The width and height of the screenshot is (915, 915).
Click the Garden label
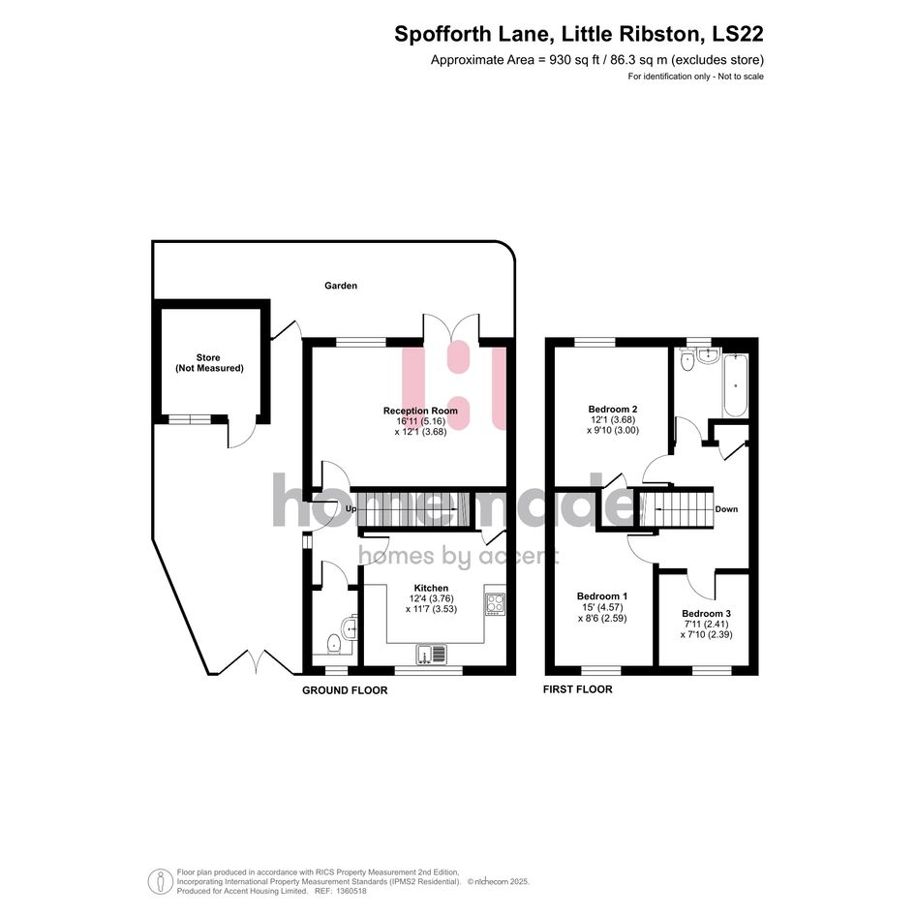341,286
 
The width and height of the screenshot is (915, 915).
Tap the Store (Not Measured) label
209,363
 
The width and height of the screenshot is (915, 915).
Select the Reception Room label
420,411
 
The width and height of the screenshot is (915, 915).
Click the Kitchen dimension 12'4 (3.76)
431,598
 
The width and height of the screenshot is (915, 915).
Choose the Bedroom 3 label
706,613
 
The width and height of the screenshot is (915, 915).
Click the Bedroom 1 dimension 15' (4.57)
601,607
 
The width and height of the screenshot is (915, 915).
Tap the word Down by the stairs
726,509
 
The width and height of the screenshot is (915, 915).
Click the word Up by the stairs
351,509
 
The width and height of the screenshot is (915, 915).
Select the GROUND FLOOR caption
345,690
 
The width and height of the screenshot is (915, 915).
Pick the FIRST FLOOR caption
578,689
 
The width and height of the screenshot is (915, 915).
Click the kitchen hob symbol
496,603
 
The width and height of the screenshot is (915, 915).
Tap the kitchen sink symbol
431,654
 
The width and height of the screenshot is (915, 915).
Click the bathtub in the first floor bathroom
735,384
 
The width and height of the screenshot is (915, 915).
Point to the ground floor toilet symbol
333,644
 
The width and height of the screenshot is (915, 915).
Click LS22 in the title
738,34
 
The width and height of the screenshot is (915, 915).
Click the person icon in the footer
160,882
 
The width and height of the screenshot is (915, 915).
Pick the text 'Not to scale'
741,76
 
